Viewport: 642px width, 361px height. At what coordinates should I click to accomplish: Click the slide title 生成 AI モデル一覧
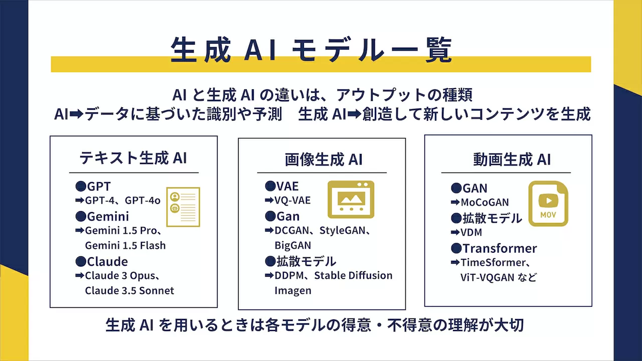(311, 50)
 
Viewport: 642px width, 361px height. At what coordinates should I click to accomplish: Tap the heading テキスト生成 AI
(133, 158)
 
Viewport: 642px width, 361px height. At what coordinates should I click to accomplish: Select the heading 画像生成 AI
(324, 159)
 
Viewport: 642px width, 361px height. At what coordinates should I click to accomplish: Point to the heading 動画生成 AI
(512, 159)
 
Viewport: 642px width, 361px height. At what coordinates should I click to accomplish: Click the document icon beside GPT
(183, 207)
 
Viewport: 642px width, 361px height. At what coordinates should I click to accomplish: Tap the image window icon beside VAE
(351, 200)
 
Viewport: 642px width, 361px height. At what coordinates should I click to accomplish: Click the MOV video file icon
(548, 204)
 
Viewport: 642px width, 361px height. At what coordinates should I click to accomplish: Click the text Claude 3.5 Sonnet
(129, 291)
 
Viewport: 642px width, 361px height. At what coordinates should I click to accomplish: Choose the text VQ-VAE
(292, 201)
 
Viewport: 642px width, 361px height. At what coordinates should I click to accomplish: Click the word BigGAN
(292, 246)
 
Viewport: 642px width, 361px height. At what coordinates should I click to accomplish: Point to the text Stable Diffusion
(354, 276)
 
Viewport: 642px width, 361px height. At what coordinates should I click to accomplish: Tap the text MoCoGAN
(485, 203)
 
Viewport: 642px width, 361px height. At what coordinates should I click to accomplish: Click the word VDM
(471, 232)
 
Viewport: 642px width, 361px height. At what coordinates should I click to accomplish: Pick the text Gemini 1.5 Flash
(125, 246)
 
